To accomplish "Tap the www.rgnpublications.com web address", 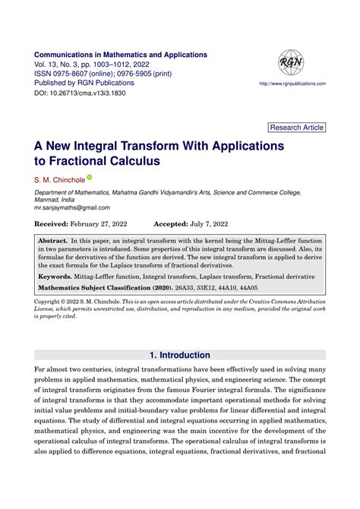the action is [292, 83].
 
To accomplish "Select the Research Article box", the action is [298, 128].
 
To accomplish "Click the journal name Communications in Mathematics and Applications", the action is [122, 55].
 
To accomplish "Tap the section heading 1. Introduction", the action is [180, 355].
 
